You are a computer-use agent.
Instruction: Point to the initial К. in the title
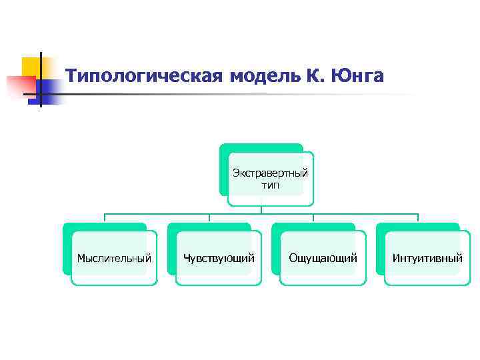313,77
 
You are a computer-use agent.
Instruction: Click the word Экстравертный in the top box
270,173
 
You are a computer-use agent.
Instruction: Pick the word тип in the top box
271,185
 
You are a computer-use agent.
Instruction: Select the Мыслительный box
114,258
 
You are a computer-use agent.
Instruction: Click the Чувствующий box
219,258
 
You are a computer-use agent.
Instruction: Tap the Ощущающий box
323,258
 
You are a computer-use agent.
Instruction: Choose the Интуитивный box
427,258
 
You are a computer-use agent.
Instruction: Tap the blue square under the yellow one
49,89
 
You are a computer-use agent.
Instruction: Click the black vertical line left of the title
41,80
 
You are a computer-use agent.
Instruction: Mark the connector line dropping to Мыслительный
105,218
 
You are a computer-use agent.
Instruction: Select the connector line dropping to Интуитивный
418,218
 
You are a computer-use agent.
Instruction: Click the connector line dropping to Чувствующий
209,218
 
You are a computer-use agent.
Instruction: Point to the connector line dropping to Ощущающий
313,218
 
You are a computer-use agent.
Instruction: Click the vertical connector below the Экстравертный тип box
261,209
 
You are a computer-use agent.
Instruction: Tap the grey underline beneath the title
233,95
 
